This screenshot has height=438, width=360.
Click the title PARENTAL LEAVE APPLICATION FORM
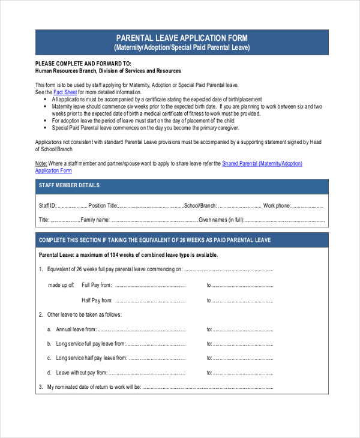[181, 38]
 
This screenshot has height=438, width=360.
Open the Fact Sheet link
[65, 93]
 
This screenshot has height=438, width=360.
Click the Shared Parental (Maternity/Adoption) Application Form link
[262, 163]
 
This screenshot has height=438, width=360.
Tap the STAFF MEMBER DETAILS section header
[70, 185]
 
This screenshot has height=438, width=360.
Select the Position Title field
[151, 206]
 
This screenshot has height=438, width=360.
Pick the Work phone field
[307, 206]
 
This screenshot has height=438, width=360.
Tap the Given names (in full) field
[285, 220]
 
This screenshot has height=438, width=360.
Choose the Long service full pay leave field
[156, 344]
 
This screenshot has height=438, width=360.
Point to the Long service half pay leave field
[157, 358]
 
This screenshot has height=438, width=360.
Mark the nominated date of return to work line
[207, 387]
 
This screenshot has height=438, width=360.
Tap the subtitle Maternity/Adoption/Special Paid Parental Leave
[181, 47]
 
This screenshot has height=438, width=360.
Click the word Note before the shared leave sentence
[41, 163]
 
